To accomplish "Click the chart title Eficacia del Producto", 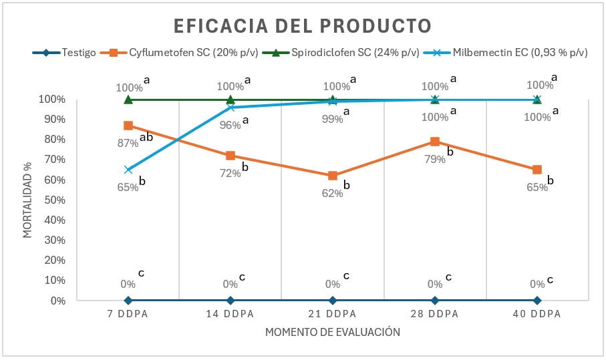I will point(303,26).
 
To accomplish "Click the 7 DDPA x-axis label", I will point(128,314).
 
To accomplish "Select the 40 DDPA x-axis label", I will point(537,314).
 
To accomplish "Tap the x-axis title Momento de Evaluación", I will point(332,332).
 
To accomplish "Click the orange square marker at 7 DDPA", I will point(128,126).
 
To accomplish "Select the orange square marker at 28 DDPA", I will point(435,142).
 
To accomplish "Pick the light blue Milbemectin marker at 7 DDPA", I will point(128,170).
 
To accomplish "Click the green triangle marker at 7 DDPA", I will point(128,100).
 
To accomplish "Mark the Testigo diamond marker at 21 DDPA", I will point(333,301).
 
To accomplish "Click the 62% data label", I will point(332,193).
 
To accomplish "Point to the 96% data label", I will point(230,125).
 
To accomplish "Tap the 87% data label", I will point(127,142).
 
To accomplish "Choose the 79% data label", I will point(434,159).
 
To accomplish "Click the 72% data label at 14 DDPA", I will point(230,173).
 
